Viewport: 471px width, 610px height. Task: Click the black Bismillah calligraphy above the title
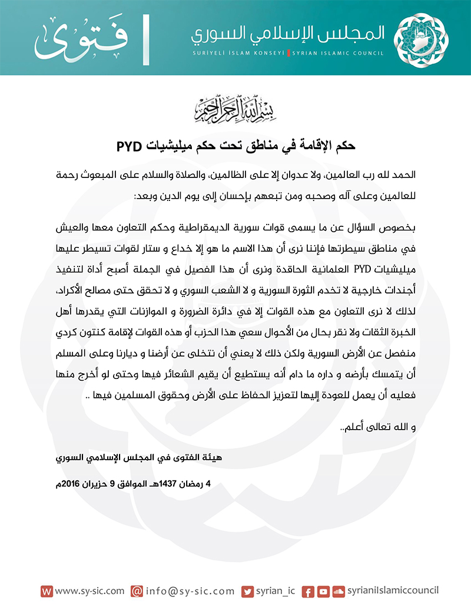click(235, 107)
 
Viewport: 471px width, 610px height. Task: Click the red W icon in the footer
click(47, 591)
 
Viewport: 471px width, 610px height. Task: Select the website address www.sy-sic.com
click(89, 591)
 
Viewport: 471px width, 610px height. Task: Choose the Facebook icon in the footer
click(307, 591)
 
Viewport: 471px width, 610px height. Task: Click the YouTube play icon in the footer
click(323, 591)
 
